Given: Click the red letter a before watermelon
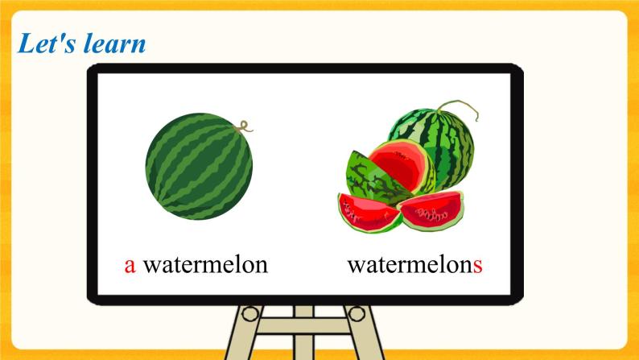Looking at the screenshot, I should click(130, 264).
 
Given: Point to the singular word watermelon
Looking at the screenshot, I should click(204, 264).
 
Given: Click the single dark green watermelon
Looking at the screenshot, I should click(198, 165).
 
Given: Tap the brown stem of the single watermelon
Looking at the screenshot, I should click(245, 125).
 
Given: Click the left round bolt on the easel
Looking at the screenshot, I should click(251, 312).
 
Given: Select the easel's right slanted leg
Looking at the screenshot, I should click(360, 338).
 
